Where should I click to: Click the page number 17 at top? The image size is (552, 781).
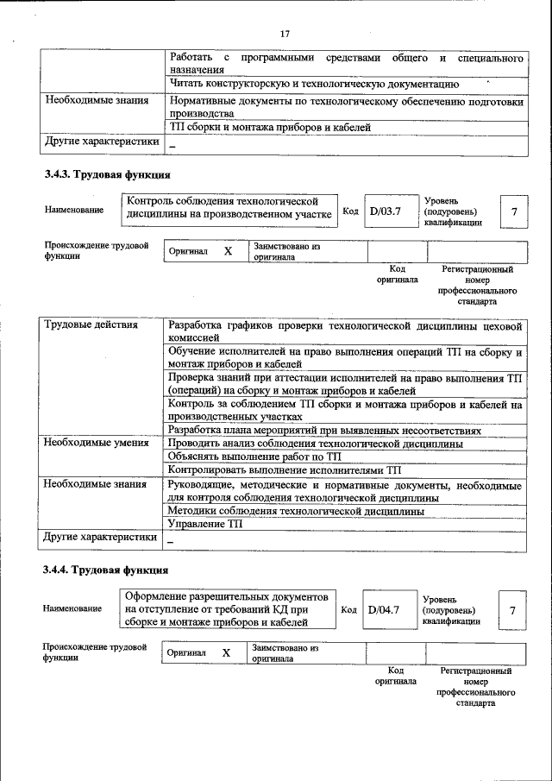point(285,34)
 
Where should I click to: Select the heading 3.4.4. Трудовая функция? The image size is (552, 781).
point(100,570)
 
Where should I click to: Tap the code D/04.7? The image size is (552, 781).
point(383,610)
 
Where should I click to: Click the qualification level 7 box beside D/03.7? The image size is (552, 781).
point(514,211)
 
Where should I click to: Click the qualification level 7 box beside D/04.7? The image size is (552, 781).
point(512,611)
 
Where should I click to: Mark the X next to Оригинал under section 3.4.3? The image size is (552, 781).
point(228,252)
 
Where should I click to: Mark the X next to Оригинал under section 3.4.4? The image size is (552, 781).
point(226,653)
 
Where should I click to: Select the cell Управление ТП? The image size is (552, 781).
point(206,524)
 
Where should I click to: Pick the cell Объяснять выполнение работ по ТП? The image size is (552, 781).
point(256,457)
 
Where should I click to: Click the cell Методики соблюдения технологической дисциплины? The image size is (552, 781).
point(296,511)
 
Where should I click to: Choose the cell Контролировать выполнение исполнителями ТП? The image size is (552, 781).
point(285,470)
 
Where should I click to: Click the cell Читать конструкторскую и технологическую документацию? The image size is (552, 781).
point(313,85)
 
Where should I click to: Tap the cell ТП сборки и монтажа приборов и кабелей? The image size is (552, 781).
point(270,127)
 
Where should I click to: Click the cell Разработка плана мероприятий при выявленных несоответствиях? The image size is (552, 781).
point(336,430)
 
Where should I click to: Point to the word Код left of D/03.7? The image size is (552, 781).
point(350,211)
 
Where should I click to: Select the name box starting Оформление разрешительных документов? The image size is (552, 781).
point(226,609)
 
